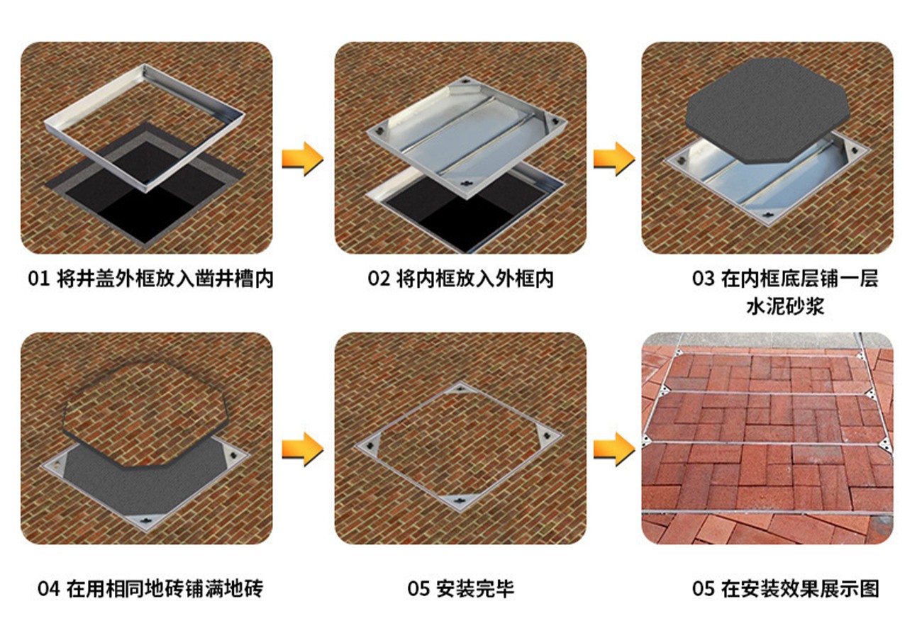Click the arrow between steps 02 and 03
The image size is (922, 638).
tap(613, 159)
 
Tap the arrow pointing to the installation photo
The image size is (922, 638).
tap(613, 449)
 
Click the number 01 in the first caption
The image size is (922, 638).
tap(39, 279)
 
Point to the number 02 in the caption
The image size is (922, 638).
tap(379, 279)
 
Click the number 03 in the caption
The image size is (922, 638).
tap(703, 279)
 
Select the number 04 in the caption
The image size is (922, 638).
tap(48, 589)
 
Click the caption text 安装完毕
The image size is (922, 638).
tap(475, 589)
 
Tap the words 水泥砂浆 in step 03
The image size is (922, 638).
tap(785, 306)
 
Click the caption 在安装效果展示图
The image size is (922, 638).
tap(800, 589)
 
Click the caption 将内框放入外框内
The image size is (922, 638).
tap(475, 279)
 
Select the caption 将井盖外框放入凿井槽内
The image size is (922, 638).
tap(165, 279)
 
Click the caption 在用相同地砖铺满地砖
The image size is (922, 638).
tap(165, 589)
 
